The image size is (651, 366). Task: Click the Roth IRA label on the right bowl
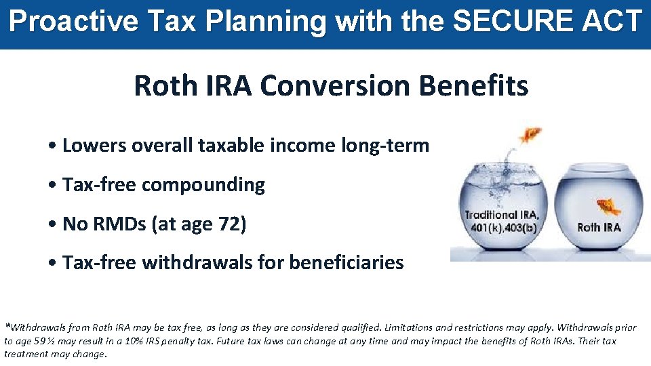coord(599,227)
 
